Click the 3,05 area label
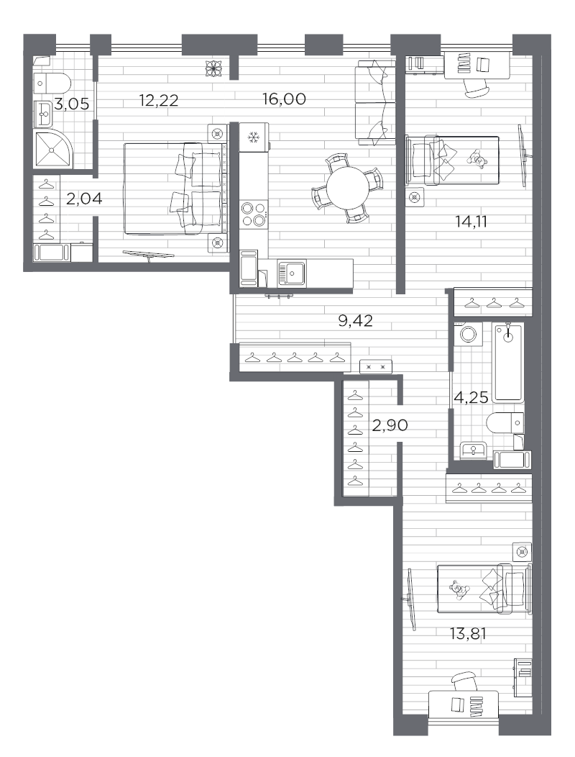click(73, 104)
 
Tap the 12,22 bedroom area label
click(159, 100)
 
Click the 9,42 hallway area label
click(355, 321)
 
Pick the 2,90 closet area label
click(390, 425)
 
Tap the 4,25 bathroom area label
click(469, 395)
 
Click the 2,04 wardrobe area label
click(84, 199)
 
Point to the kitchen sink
click(293, 272)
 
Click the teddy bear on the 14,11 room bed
click(477, 158)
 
